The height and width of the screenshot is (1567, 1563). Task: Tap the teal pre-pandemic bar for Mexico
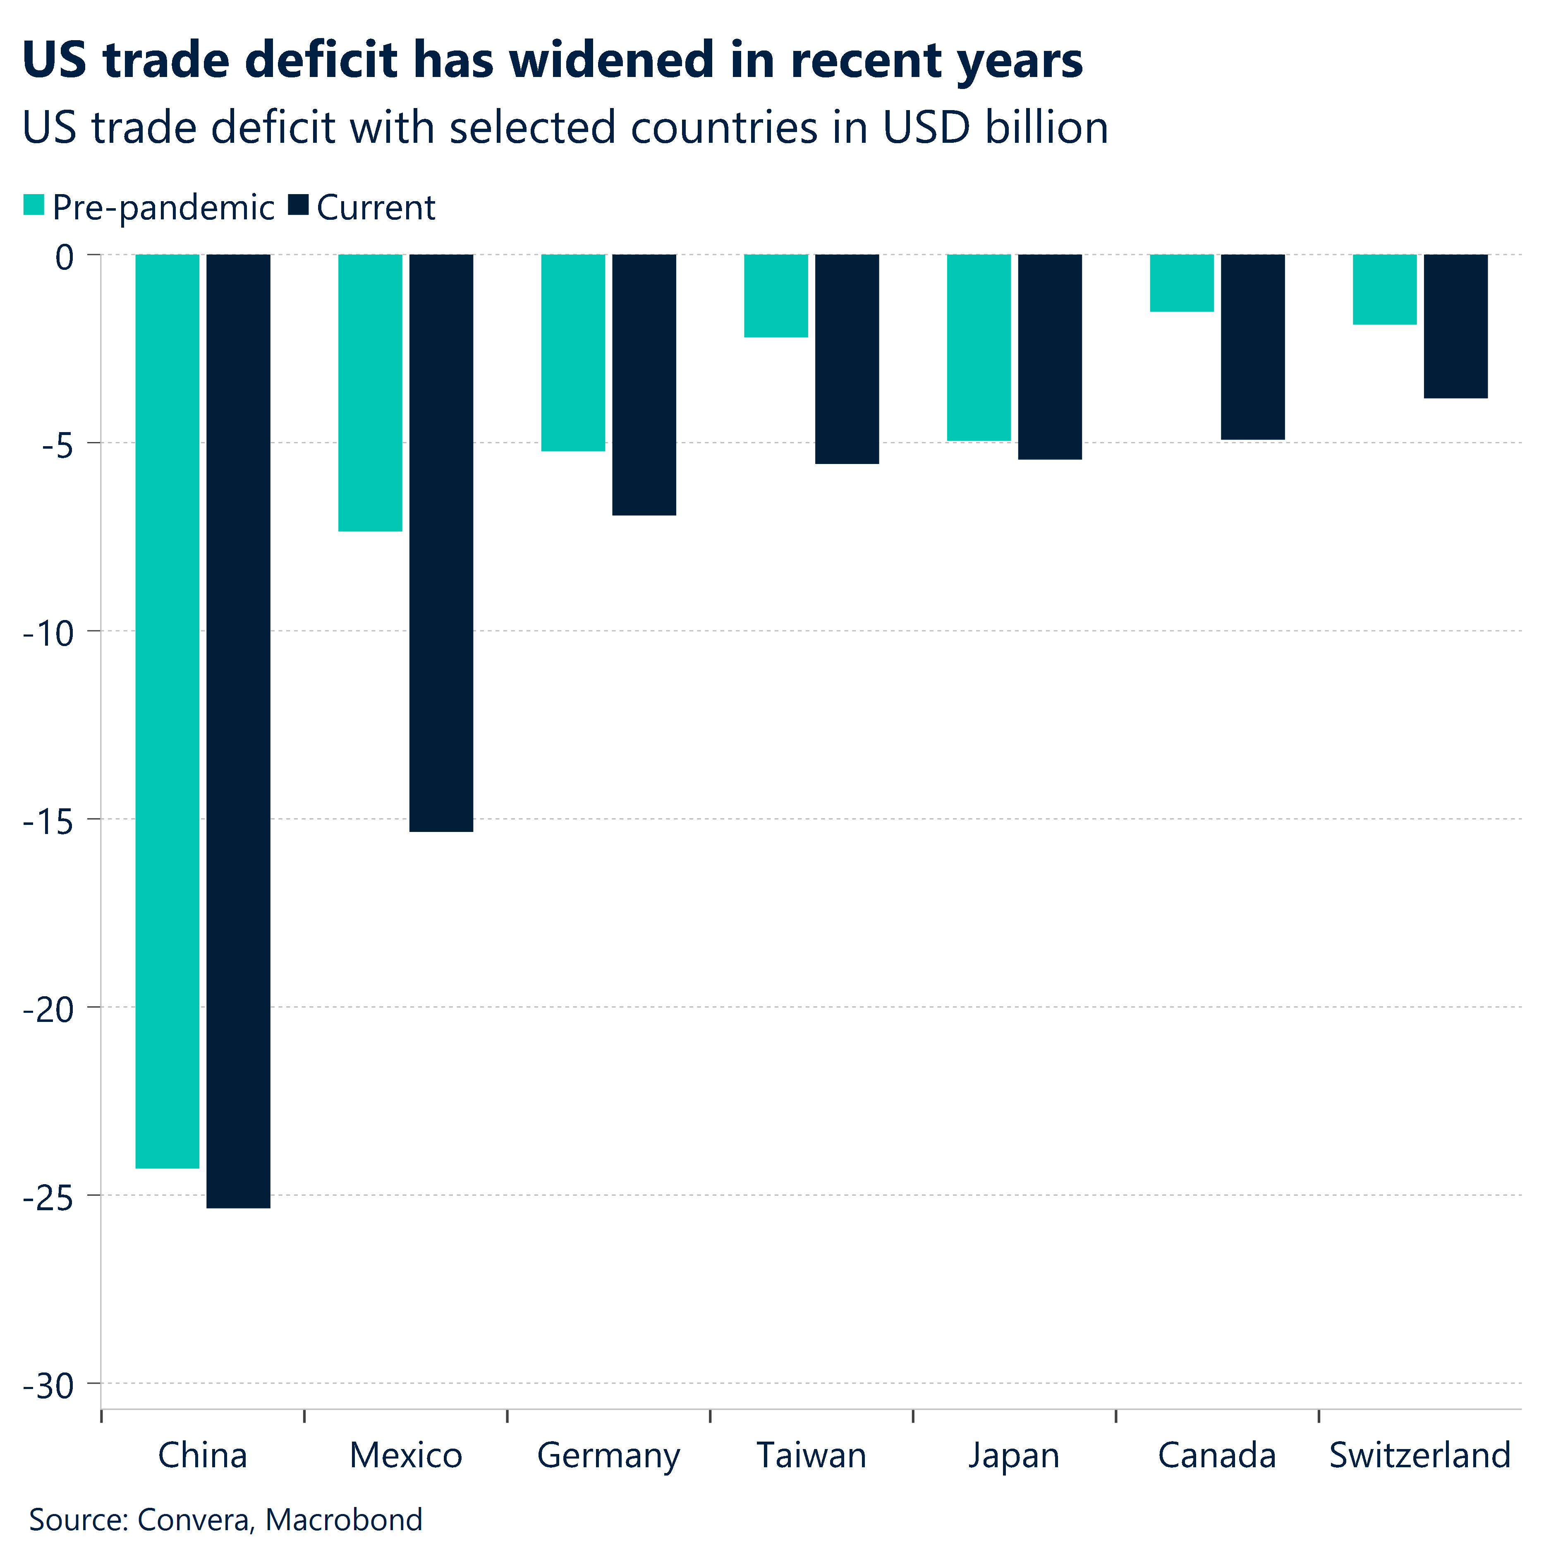(x=370, y=392)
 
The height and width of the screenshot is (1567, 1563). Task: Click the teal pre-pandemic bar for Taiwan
(x=776, y=295)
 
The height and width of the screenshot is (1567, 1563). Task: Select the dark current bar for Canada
(x=1252, y=347)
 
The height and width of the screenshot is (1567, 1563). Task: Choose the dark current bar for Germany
(x=644, y=385)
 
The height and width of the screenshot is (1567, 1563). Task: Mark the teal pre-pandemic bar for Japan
(x=979, y=347)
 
